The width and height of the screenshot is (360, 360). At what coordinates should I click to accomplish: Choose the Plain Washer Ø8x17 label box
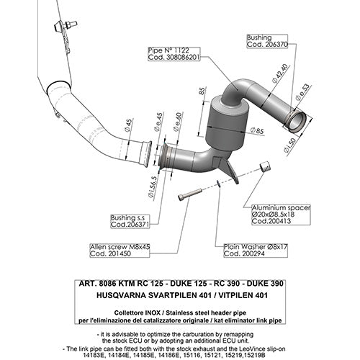(252, 249)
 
